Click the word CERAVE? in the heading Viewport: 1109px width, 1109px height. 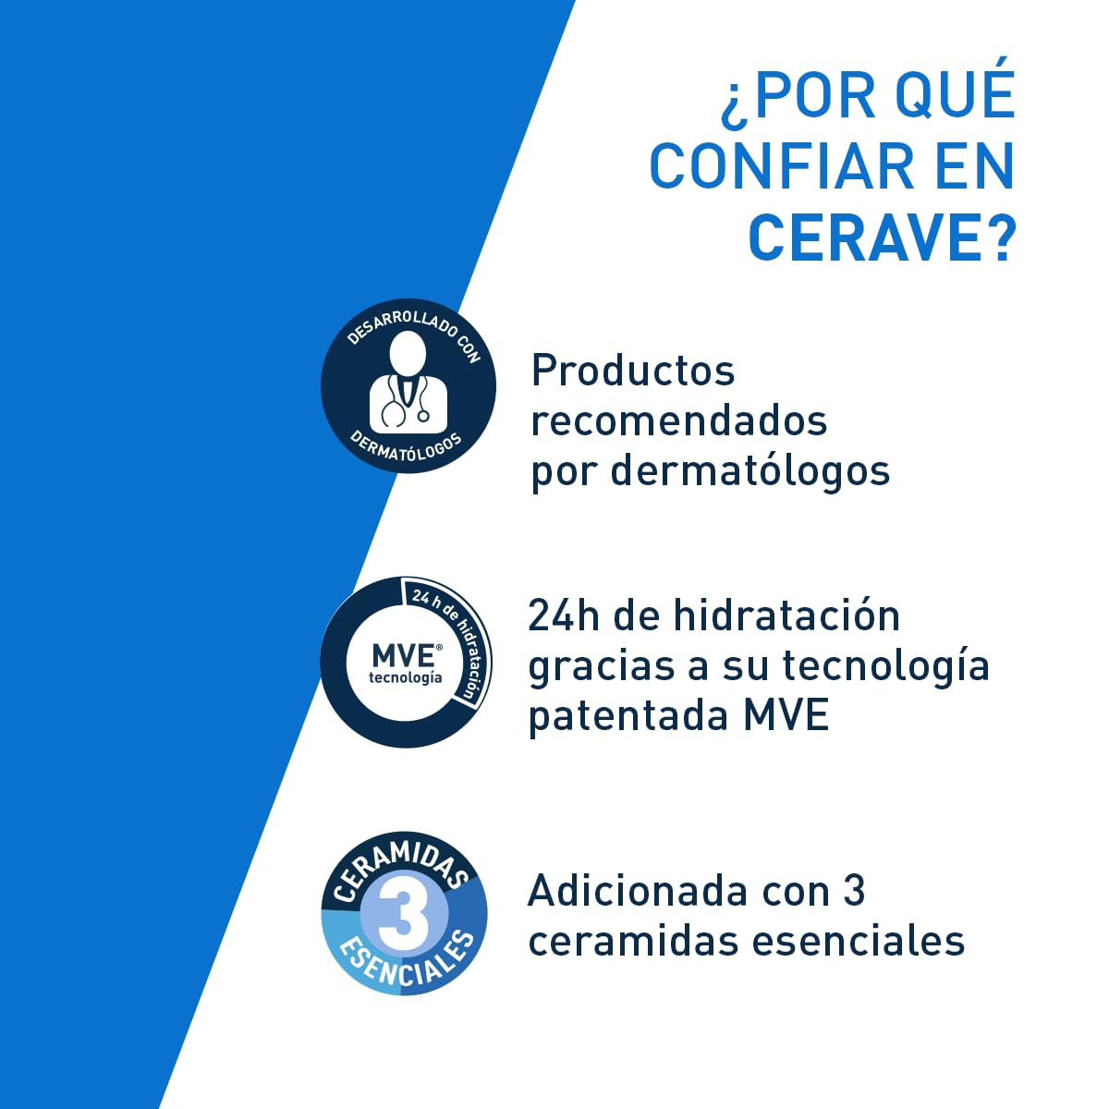pyautogui.click(x=881, y=238)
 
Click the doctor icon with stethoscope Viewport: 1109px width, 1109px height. pyautogui.click(x=408, y=382)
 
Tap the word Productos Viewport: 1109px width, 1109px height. pyautogui.click(x=633, y=372)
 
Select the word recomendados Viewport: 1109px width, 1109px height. pyautogui.click(x=678, y=420)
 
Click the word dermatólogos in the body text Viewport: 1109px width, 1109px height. pyautogui.click(x=749, y=470)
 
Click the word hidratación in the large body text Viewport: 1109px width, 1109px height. pyautogui.click(x=786, y=615)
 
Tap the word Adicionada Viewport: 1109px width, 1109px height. pyautogui.click(x=639, y=891)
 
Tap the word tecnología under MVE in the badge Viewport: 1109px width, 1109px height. pyautogui.click(x=405, y=677)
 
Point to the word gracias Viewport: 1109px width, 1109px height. pyautogui.click(x=602, y=666)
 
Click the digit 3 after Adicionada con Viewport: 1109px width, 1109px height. pyautogui.click(x=853, y=891)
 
